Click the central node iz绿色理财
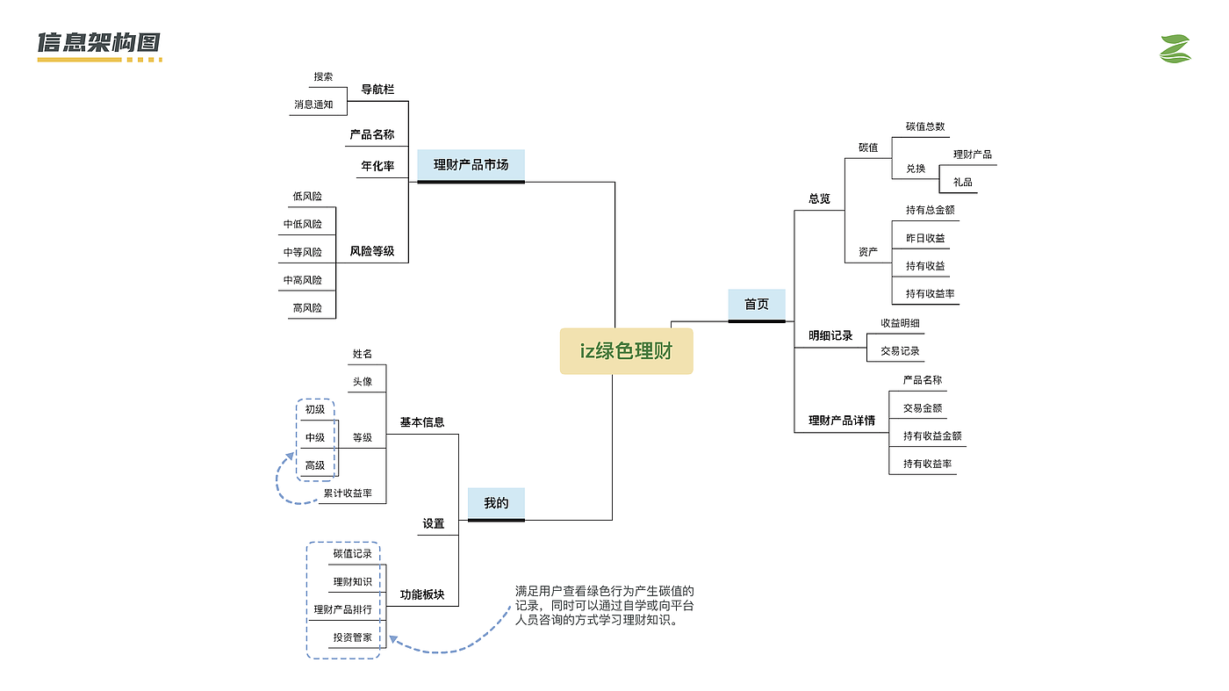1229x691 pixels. tap(626, 351)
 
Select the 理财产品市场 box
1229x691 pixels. tap(471, 164)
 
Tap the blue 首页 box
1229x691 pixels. tap(757, 304)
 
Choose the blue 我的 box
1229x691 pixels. tap(496, 503)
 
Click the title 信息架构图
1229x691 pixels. tap(98, 43)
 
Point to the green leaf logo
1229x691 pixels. tap(1175, 49)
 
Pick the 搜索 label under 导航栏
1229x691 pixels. tap(323, 76)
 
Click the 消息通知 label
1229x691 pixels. tap(313, 104)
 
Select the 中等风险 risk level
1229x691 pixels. tap(302, 252)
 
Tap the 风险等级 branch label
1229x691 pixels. tap(372, 251)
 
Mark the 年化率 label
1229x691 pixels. tap(377, 165)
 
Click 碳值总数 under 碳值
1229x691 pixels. tap(925, 126)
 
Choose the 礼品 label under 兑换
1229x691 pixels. tap(962, 183)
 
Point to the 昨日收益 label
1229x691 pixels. tap(925, 238)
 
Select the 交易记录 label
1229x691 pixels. tap(900, 351)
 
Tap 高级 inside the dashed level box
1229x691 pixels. tap(315, 465)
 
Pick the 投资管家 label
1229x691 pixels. tap(352, 637)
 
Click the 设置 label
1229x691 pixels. tap(434, 523)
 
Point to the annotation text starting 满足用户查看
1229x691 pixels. tap(605, 606)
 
